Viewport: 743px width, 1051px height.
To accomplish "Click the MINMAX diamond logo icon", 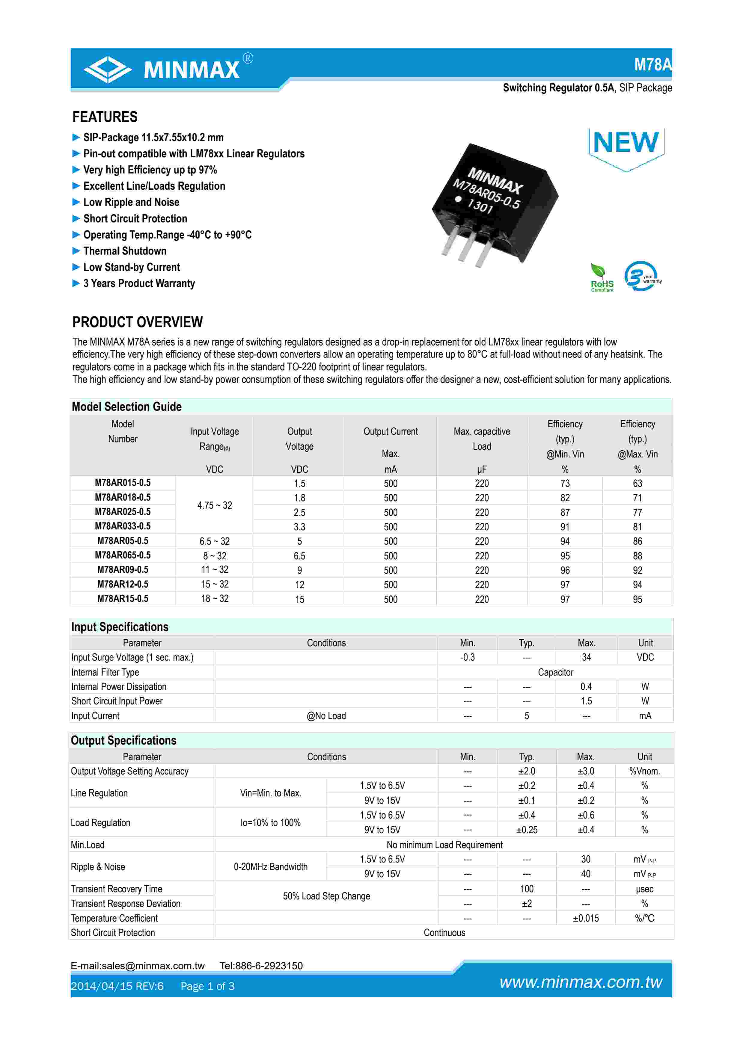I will (x=108, y=70).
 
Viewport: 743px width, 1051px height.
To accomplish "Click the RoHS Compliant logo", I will (x=602, y=278).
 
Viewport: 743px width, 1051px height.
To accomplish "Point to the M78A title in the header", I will (x=652, y=64).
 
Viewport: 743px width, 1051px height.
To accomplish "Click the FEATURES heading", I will (x=105, y=117).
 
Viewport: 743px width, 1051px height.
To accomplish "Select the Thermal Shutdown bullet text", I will (x=124, y=251).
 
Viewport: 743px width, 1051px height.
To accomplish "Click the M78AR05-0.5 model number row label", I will (x=123, y=540).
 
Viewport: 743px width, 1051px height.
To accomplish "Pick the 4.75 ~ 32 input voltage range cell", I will (x=214, y=505).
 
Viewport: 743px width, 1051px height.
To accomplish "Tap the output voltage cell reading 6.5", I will (x=299, y=556).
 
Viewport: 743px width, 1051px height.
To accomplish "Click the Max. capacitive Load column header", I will (x=482, y=439).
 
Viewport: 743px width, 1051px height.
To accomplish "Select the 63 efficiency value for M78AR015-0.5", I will (x=637, y=483).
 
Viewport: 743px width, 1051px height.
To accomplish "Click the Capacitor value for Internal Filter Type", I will (x=555, y=672).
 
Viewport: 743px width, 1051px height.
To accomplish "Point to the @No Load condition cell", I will (x=326, y=715).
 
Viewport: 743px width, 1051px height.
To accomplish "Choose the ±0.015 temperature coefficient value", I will (x=586, y=918).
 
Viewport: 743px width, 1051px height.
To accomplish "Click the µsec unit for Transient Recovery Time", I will (x=645, y=889).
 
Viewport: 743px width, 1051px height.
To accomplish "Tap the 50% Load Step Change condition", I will (x=326, y=896).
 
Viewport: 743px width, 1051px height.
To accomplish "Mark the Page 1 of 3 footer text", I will (x=207, y=986).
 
